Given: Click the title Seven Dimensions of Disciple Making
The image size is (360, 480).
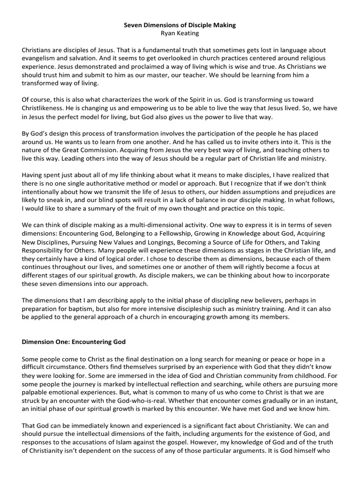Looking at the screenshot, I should [180, 25].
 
